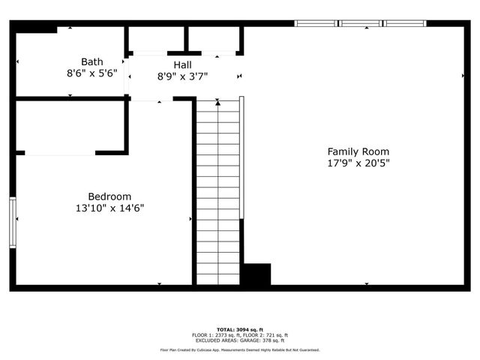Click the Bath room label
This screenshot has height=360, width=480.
(x=92, y=61)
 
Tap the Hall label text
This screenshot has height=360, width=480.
(x=182, y=64)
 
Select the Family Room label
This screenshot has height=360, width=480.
(x=358, y=151)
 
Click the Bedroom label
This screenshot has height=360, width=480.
(x=109, y=196)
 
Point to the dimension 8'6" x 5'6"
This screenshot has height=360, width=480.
(x=92, y=73)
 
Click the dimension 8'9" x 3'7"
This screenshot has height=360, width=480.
(x=182, y=76)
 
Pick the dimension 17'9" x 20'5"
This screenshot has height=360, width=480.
(x=358, y=163)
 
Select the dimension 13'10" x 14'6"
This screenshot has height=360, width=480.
(x=109, y=208)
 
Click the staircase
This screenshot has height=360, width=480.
(x=217, y=195)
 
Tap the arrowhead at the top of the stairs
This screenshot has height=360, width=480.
(x=218, y=103)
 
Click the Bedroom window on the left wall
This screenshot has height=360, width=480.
(x=12, y=221)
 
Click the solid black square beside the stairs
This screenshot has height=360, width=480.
(x=256, y=274)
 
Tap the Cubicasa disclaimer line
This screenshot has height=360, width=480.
(x=239, y=350)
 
